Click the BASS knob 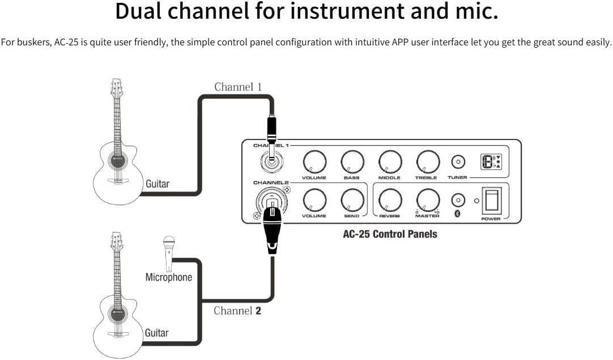point(352,163)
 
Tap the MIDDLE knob point(389,162)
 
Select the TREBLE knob point(427,162)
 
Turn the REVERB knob point(389,200)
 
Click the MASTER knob point(427,200)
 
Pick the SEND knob point(352,200)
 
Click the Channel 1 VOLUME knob point(314,163)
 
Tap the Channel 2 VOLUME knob point(314,200)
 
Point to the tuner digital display point(490,162)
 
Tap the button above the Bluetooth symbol point(458,200)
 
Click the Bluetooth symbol point(458,213)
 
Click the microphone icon point(168,252)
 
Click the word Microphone point(168,277)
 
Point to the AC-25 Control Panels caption point(390,234)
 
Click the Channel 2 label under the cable point(237,311)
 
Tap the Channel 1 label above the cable point(237,87)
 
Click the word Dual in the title point(143,11)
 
